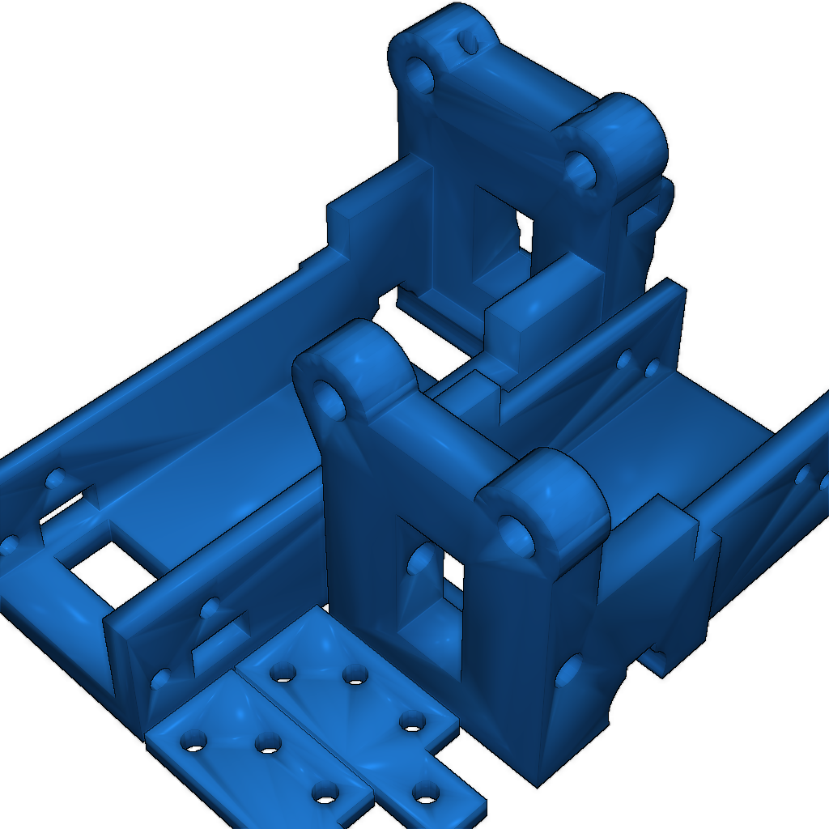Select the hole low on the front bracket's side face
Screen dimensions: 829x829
click(x=569, y=671)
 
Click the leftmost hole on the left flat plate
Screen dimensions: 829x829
click(x=193, y=740)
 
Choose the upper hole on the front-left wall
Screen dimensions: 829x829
click(x=210, y=606)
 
